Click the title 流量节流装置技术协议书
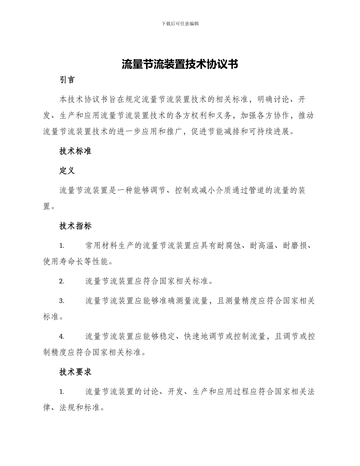[180, 64]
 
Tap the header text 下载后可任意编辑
[180, 23]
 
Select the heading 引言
[67, 80]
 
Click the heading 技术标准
[75, 151]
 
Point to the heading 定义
[67, 171]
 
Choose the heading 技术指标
[75, 226]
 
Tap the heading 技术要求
[75, 372]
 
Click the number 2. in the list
[62, 281]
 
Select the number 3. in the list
[62, 301]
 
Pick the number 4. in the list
[62, 336]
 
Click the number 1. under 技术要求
[62, 392]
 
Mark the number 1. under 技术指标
[62, 246]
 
